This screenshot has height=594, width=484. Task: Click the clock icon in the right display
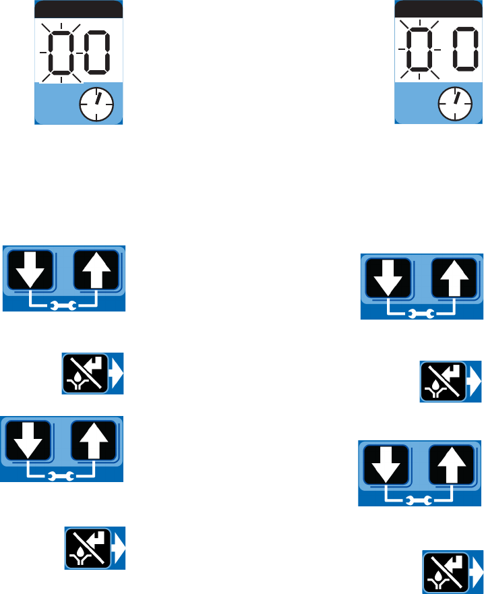(x=455, y=103)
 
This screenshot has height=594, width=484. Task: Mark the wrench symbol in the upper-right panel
(x=421, y=313)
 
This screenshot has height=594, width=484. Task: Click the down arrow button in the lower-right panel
(x=386, y=464)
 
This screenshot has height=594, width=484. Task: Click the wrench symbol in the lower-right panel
(x=419, y=500)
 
